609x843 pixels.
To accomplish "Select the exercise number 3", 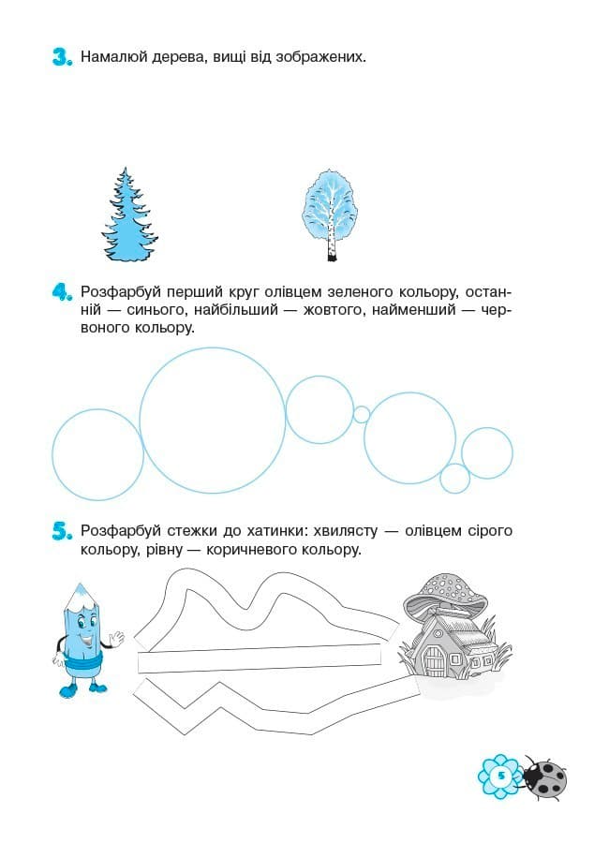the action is tap(62, 57).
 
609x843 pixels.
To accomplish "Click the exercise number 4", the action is tap(62, 293).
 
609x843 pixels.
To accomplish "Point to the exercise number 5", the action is tap(62, 532).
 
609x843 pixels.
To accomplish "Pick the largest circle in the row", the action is tap(213, 421).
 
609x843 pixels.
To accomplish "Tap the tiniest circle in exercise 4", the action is tap(362, 415).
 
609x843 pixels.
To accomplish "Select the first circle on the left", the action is tap(98, 455).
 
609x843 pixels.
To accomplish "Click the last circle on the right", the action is tap(487, 453).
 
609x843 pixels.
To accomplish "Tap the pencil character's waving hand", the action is tap(115, 639).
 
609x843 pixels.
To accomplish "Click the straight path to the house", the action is tap(260, 658).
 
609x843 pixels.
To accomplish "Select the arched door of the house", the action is tap(434, 660).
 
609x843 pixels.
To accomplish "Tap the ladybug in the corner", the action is tap(544, 777).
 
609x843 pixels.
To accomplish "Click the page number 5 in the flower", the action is tap(501, 776).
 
